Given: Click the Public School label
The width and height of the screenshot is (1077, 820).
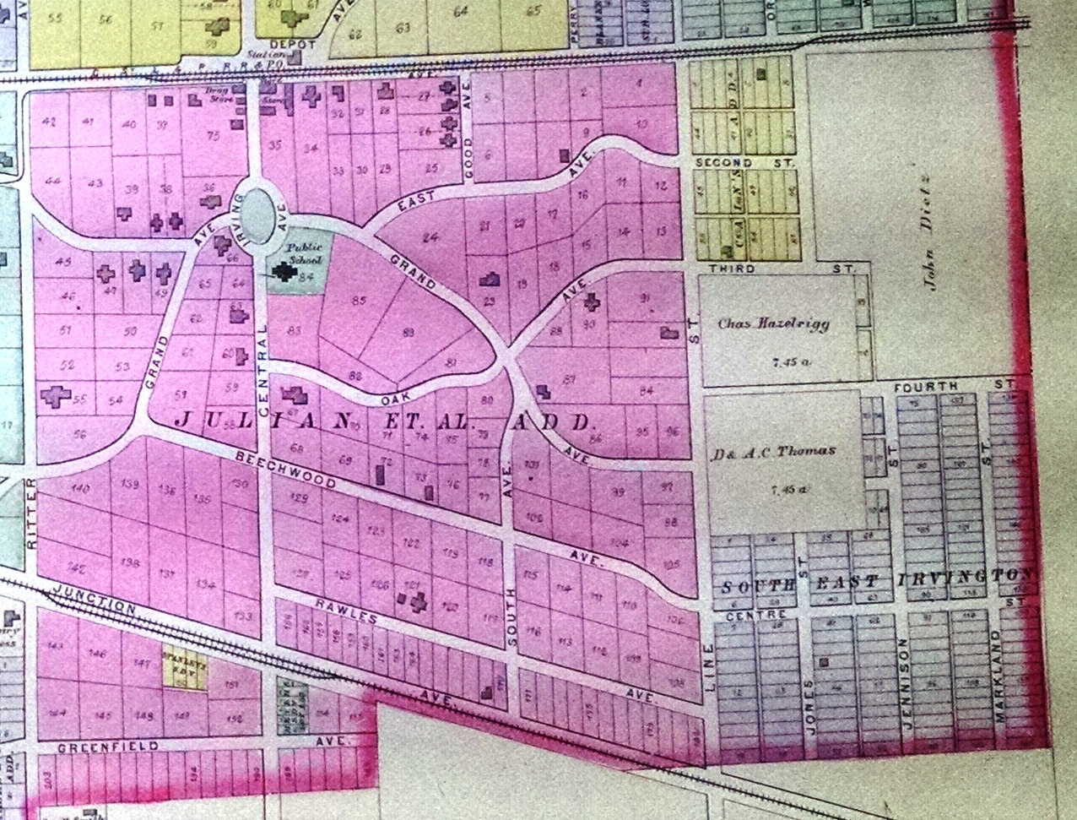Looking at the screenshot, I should (301, 253).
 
